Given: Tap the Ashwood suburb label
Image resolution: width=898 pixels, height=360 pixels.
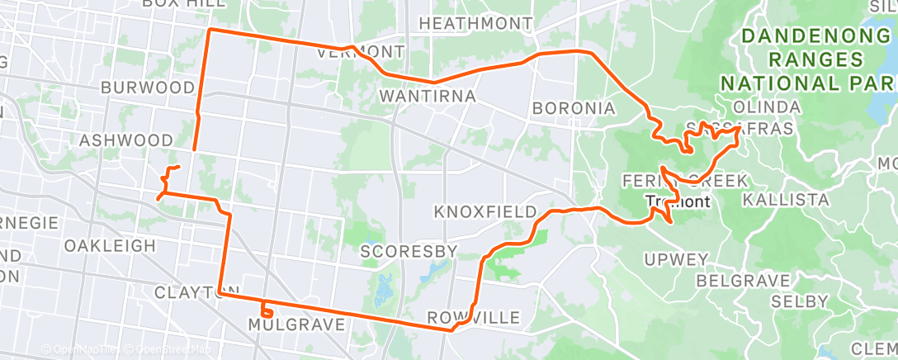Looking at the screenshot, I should point(126,141).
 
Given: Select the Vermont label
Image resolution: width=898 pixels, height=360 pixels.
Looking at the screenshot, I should point(362,52).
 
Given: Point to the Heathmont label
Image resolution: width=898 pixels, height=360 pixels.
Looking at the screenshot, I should point(475,24).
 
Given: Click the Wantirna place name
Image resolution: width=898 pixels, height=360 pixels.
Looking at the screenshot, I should point(428,97).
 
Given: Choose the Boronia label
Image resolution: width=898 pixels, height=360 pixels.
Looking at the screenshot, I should point(574,108).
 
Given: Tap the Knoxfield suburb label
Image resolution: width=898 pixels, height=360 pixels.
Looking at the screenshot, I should point(485,212).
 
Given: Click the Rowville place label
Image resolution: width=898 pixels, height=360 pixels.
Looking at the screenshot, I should point(474,318).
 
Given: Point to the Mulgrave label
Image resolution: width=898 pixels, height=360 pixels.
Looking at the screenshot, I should point(296,325).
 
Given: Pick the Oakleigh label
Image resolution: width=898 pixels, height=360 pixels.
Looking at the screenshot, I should point(110,246).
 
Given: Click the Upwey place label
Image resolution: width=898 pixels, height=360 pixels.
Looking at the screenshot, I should point(678,260).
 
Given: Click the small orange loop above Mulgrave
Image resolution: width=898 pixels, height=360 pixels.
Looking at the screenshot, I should point(267,311).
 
